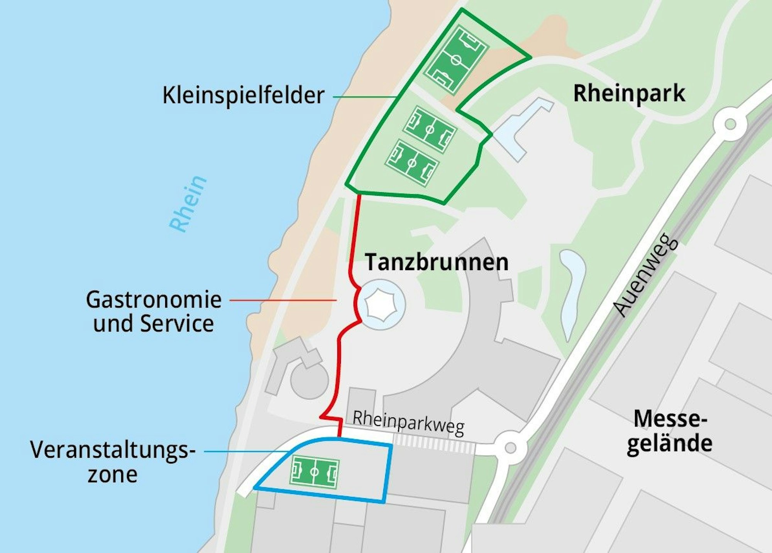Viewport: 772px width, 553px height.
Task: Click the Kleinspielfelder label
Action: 243,95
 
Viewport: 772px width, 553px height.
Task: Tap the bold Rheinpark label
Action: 629,93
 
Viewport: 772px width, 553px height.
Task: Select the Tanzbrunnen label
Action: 437,262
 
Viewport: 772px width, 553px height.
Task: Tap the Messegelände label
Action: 669,431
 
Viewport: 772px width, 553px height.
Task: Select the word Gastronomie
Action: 154,300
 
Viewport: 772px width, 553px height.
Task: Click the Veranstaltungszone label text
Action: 113,462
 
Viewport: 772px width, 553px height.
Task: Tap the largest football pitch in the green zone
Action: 456,60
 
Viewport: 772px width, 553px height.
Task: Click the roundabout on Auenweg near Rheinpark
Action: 730,124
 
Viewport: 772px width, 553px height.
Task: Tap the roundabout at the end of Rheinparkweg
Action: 510,448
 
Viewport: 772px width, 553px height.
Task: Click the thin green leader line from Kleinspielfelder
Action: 363,96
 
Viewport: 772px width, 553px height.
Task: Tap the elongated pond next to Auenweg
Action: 572,293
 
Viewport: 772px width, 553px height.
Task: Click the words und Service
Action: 154,323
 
